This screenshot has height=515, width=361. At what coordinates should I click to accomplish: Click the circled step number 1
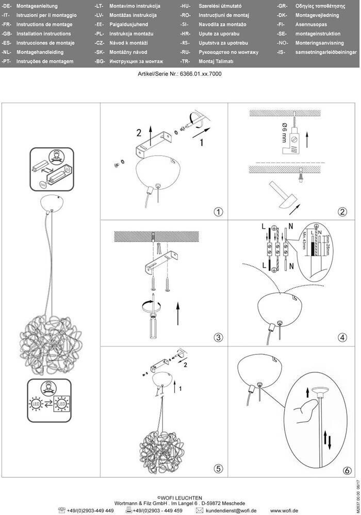coord(219,211)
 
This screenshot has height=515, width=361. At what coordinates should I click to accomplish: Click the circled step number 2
coord(342,211)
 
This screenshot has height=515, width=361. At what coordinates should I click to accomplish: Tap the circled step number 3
coord(219,338)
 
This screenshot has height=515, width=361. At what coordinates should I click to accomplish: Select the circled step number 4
coord(342,338)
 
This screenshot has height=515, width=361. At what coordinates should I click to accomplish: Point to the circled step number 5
coord(219,469)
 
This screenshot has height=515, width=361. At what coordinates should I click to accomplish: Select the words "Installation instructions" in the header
coord(43,33)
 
